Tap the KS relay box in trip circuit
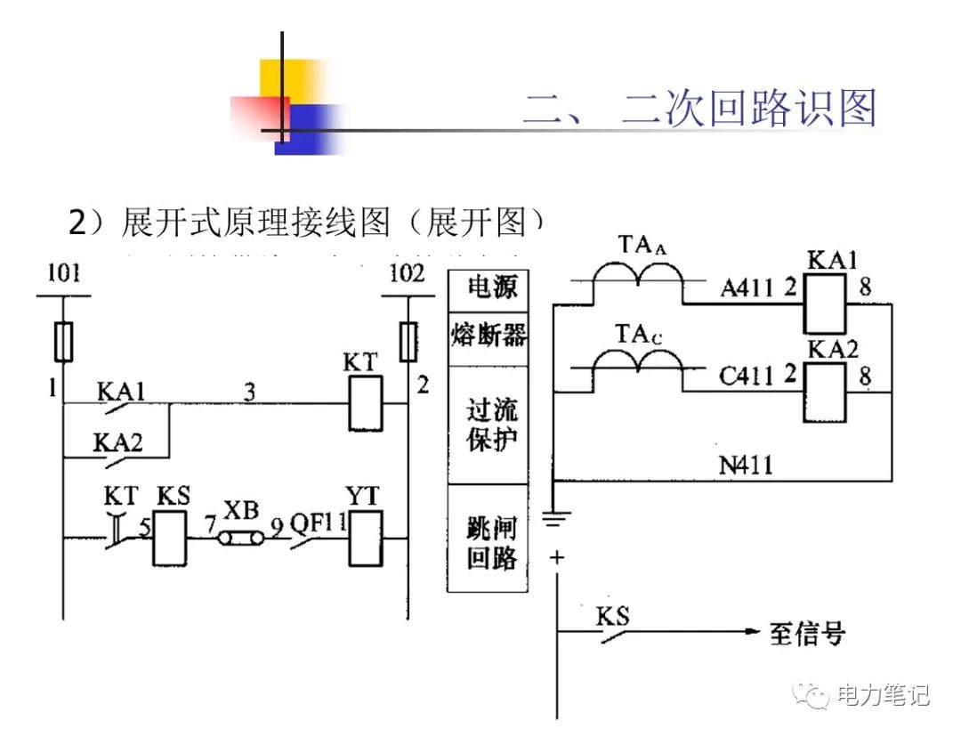[x=170, y=538]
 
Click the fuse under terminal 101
[x=62, y=341]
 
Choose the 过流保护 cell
[x=488, y=425]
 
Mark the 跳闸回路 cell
[x=488, y=539]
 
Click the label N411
[x=746, y=465]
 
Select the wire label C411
[x=746, y=377]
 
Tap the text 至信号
[x=807, y=634]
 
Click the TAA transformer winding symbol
[x=640, y=283]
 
